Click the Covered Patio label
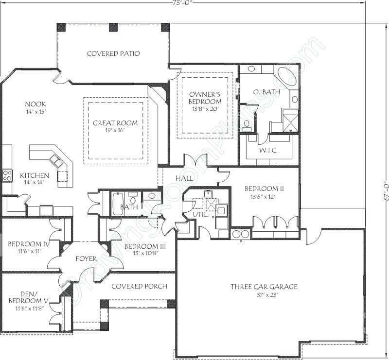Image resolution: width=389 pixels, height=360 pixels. pos(113,53)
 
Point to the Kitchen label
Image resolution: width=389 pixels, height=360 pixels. pos(34,175)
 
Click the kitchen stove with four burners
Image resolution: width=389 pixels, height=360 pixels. pos(7,175)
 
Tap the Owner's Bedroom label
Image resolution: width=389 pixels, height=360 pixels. pos(205,98)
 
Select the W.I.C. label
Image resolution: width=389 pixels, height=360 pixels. pos(268,151)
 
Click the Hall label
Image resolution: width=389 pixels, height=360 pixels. pos(184,179)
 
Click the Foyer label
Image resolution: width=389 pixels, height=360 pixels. pos(86,259)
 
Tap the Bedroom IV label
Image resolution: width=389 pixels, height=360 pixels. pos(27,243)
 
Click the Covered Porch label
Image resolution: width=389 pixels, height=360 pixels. pos(139,287)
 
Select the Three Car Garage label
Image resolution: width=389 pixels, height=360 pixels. pos(264,287)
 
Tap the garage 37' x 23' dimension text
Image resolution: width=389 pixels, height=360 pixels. pos(264,295)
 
